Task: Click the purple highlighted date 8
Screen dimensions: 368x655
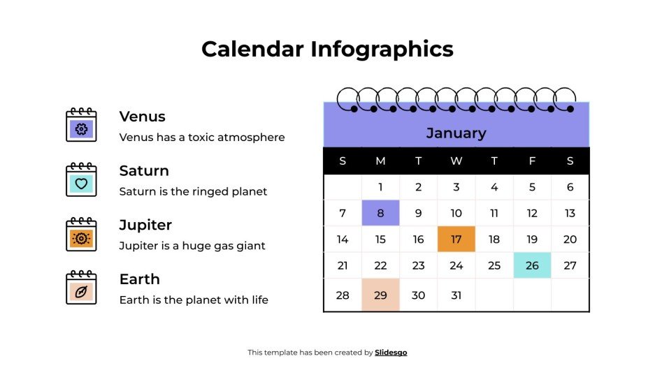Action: (380, 213)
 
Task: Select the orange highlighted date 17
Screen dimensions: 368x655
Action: (456, 240)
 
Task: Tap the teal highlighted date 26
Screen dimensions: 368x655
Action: (532, 265)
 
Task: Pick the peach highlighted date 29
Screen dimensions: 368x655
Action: (380, 295)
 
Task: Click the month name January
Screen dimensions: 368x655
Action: (456, 133)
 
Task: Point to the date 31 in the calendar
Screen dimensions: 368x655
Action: (456, 295)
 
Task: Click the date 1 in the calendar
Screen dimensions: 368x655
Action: (380, 187)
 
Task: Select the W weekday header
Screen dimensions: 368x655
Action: (456, 161)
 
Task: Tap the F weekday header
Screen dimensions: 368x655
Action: (532, 161)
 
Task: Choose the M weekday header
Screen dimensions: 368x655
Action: (380, 161)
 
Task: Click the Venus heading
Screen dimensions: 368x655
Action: (142, 117)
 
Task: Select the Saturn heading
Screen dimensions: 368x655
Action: (144, 171)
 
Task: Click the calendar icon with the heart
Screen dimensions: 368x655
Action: (81, 180)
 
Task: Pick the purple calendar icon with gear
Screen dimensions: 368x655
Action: (81, 126)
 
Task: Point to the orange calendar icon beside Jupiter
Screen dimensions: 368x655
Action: (81, 235)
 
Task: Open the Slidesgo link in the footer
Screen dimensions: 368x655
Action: (391, 353)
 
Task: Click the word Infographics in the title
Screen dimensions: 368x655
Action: (382, 49)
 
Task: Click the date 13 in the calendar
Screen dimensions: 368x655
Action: (570, 213)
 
